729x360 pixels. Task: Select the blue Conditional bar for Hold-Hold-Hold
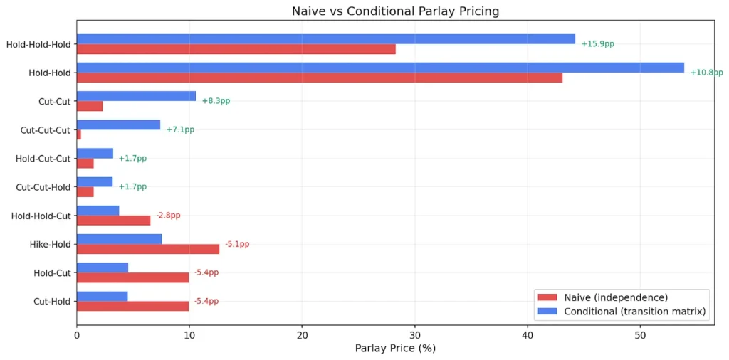(325, 39)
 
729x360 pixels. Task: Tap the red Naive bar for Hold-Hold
(319, 78)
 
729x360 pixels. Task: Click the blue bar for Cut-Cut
(136, 96)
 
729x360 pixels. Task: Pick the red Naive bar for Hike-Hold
(147, 249)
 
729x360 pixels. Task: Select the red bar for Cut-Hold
(132, 306)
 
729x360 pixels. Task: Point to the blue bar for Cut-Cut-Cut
(118, 125)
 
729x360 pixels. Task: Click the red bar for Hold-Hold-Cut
(113, 221)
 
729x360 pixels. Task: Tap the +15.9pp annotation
(597, 44)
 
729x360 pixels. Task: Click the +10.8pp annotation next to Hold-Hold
(706, 73)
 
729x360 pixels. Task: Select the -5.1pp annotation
(237, 244)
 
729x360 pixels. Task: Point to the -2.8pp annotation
(168, 216)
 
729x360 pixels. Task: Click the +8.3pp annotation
(216, 101)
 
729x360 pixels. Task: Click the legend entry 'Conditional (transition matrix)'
(634, 312)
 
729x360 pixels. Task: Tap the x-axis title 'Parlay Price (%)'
(395, 349)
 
